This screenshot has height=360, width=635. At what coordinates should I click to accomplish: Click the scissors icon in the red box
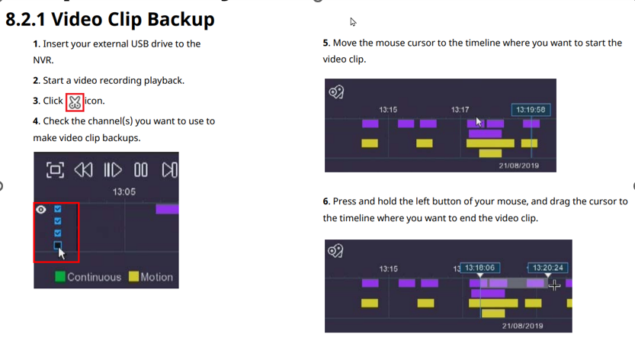coord(75,102)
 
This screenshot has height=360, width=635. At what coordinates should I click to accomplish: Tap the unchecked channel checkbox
coord(57,246)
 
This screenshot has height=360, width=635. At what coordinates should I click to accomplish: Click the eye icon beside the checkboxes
coord(41,210)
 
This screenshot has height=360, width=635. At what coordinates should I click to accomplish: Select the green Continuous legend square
coord(60,277)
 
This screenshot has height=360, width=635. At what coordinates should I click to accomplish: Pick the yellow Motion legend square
coord(133,277)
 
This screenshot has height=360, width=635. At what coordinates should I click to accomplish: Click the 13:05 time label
coord(124,191)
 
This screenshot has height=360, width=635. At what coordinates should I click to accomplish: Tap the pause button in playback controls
coord(141,170)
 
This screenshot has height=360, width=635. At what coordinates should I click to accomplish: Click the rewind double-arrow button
coord(83,170)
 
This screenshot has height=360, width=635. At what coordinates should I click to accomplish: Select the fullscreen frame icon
coord(55,170)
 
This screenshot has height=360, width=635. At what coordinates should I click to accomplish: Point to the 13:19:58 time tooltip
coord(531,110)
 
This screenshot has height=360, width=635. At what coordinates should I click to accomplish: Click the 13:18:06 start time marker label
coord(479,268)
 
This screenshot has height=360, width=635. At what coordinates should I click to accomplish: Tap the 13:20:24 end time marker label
coord(547,268)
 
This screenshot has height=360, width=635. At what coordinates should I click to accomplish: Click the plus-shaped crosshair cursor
coord(554,286)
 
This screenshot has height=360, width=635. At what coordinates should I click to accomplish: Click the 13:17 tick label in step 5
coord(460,110)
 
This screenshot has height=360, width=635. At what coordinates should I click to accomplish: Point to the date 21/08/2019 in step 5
coord(519,166)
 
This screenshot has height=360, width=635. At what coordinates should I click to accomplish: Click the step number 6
coord(326,201)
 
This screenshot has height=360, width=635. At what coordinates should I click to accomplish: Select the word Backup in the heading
coord(181,20)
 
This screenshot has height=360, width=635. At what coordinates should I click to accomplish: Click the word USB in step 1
coord(140,43)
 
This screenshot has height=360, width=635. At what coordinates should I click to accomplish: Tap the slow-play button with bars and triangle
coord(113,170)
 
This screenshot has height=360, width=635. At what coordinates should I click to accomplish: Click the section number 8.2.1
coord(25,20)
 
